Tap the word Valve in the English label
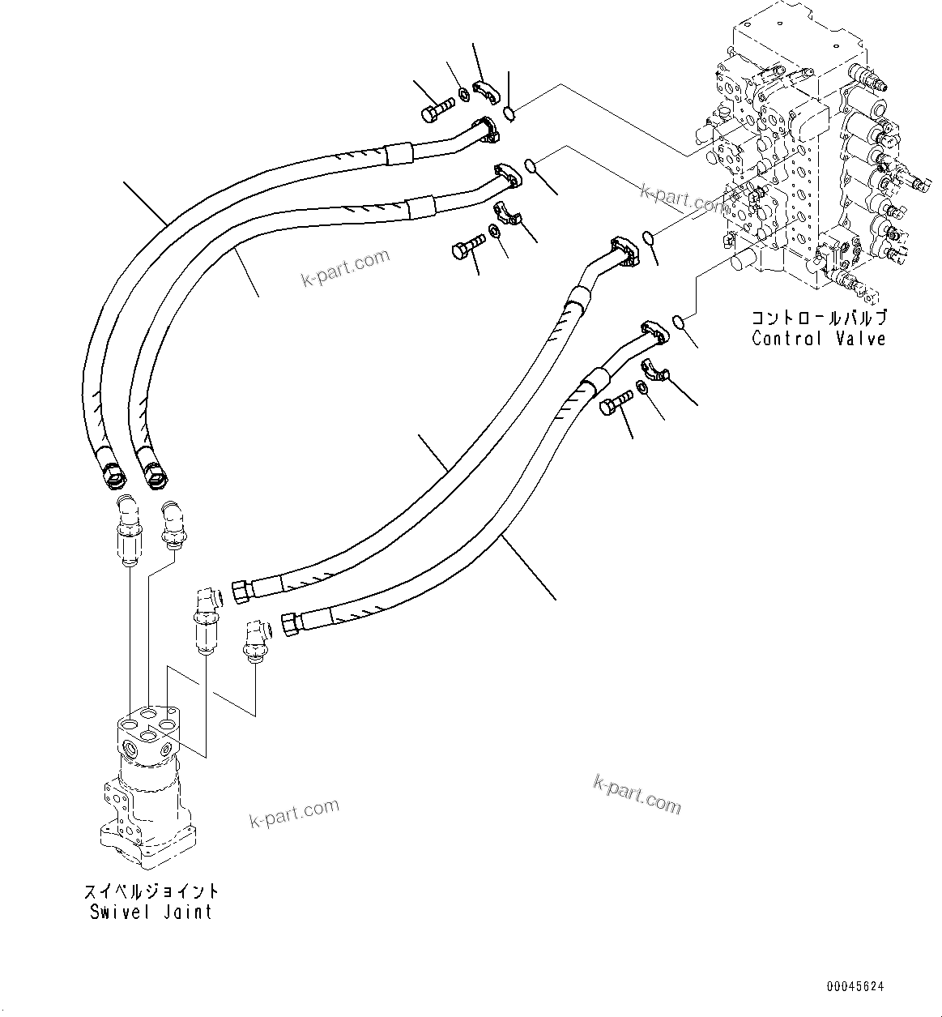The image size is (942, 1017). pos(860,339)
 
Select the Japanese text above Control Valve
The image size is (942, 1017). pos(819,318)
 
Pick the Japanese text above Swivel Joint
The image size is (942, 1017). pos(151,891)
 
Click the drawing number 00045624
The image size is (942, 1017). pos(855,987)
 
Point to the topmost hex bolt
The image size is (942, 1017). pos(436,109)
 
